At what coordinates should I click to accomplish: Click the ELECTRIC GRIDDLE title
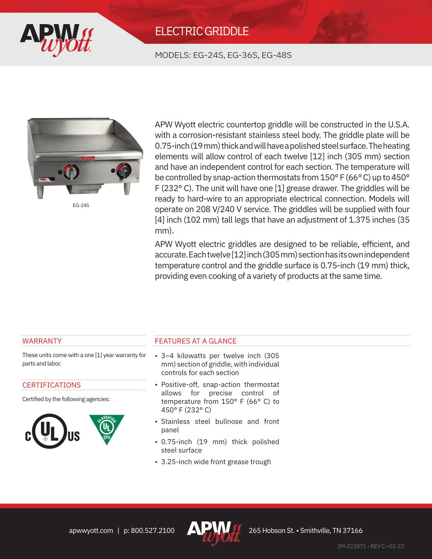click(x=202, y=32)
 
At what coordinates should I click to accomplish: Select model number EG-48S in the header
click(x=276, y=55)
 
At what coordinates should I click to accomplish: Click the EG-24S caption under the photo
click(x=81, y=205)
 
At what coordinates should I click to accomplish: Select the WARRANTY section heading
click(x=42, y=341)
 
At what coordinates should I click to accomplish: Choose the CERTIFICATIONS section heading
click(x=52, y=385)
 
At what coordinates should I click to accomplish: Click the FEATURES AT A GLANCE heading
click(x=196, y=341)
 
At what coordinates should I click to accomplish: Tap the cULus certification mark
click(x=52, y=431)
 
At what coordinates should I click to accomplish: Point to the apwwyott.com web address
click(x=91, y=531)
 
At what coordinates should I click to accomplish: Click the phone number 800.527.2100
click(x=153, y=531)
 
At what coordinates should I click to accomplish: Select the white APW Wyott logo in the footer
click(x=214, y=532)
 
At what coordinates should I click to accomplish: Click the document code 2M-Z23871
click(x=352, y=546)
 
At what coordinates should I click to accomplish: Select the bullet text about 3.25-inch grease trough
click(x=216, y=462)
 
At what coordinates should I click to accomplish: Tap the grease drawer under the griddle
click(x=85, y=188)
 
